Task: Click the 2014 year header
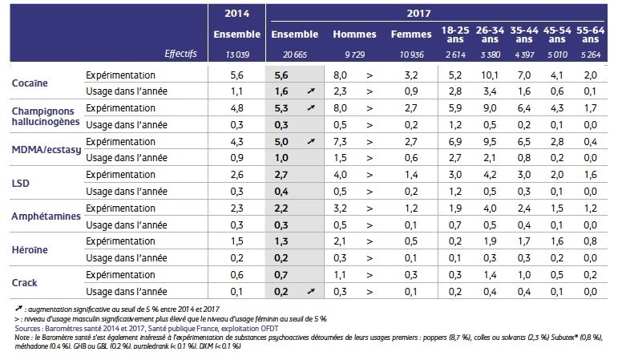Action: click(x=236, y=14)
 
